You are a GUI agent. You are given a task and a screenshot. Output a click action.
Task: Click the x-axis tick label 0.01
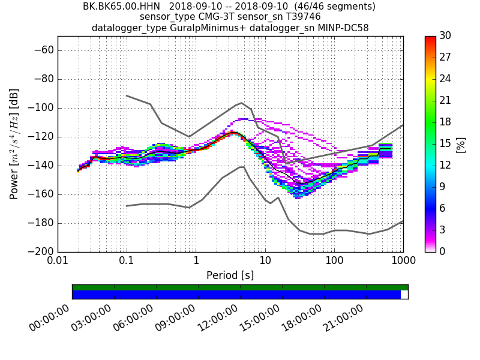point(58,262)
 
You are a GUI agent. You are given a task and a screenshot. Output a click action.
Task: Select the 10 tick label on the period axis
point(265,262)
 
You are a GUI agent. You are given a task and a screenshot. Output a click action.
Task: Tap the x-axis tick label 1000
point(403,262)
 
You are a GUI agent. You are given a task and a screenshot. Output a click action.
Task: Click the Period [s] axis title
point(230,275)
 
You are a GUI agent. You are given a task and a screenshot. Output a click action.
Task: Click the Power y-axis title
point(15,144)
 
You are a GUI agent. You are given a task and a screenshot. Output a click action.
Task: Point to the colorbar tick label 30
point(445,36)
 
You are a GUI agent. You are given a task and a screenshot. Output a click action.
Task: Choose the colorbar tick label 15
point(445,143)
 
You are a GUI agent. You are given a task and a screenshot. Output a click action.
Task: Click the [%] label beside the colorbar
point(461,144)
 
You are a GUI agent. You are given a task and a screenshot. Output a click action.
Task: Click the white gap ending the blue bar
point(404,295)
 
